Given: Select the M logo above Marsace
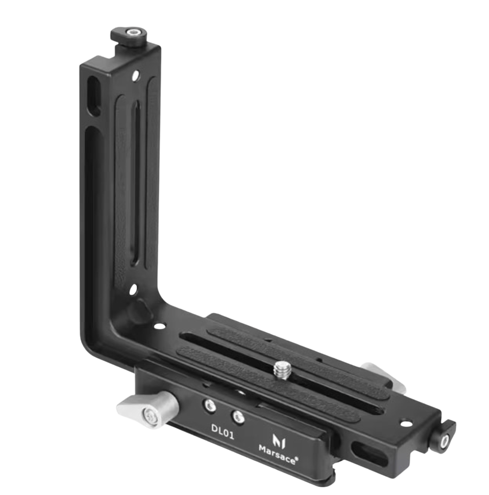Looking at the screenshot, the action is pyautogui.click(x=279, y=440).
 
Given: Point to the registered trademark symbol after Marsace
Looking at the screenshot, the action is pyautogui.click(x=297, y=460).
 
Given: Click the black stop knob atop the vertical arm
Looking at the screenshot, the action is pyautogui.click(x=129, y=36).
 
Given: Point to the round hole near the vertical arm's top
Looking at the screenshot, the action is pyautogui.click(x=136, y=75).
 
